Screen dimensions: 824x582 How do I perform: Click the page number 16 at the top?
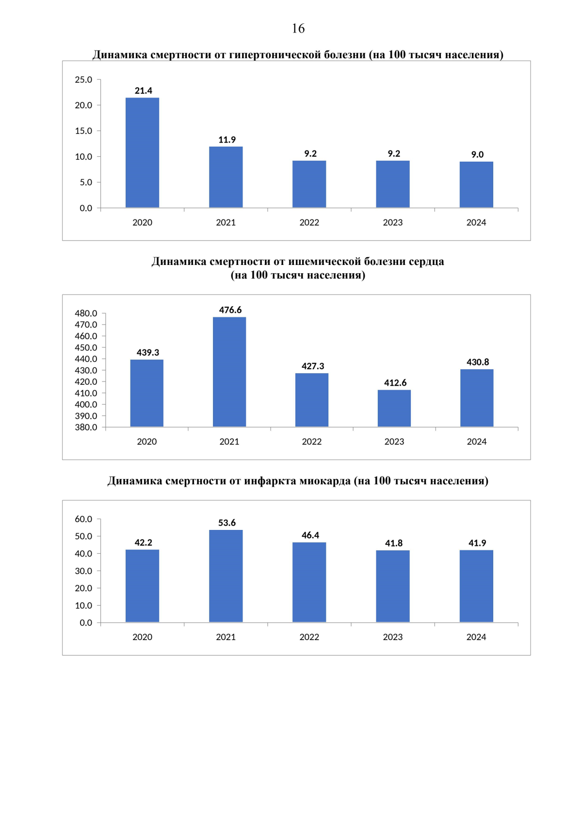click(x=298, y=29)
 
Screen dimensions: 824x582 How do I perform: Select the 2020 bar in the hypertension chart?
click(x=142, y=153)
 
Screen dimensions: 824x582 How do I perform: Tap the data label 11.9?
click(x=227, y=140)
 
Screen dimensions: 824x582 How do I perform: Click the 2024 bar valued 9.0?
click(x=476, y=184)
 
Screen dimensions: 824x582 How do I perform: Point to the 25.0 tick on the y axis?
click(x=83, y=80)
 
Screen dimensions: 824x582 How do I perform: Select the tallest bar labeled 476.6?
click(x=229, y=372)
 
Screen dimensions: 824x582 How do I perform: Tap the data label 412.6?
click(x=395, y=383)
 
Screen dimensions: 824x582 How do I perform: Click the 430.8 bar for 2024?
click(x=477, y=398)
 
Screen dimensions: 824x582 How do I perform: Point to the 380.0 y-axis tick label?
click(x=86, y=428)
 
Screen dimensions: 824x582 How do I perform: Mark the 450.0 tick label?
click(x=86, y=347)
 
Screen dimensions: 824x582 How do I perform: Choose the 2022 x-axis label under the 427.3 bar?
click(x=312, y=442)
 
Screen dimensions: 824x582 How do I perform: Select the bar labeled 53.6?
click(x=226, y=576)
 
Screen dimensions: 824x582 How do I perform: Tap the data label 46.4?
click(x=310, y=535)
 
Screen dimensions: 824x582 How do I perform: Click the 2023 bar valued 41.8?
click(x=393, y=586)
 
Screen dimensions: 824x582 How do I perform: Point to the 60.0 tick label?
click(x=83, y=519)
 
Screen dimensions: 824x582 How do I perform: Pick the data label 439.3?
click(x=148, y=353)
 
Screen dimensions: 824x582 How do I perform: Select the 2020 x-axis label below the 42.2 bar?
click(x=142, y=637)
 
